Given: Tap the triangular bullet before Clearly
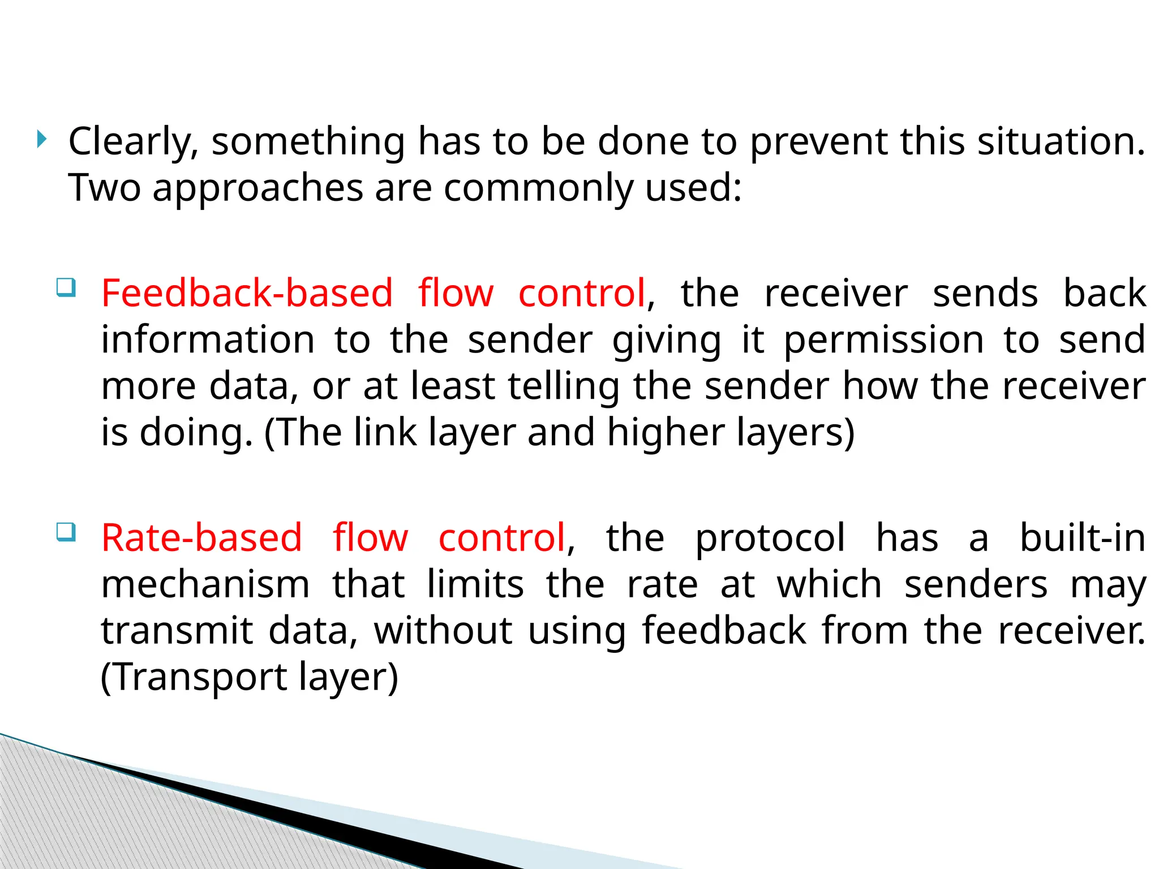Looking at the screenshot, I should tap(41, 139).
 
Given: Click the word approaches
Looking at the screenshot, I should tap(257, 188).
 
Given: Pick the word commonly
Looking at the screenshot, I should tap(538, 188).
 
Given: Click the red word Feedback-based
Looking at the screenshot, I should tap(247, 293).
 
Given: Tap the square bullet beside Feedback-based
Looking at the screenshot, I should tap(66, 287).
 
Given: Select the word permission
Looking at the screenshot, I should tap(883, 340).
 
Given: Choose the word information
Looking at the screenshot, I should tap(208, 340).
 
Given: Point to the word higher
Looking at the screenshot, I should tap(666, 433).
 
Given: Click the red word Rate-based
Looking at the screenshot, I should tap(201, 537).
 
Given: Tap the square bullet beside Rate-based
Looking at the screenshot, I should tap(66, 532).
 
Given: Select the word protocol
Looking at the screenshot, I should tap(770, 537).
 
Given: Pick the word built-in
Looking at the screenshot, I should tap(1082, 537).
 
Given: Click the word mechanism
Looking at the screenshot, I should tap(205, 584).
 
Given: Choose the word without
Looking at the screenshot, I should tap(443, 631).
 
